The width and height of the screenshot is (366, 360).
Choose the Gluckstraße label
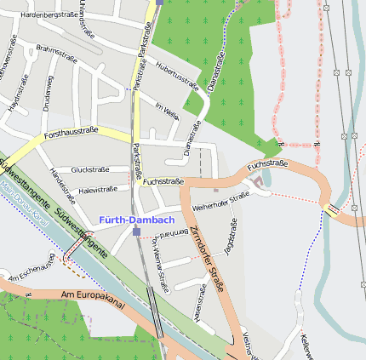pyautogui.click(x=90, y=169)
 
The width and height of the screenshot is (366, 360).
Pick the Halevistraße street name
pyautogui.click(x=97, y=190)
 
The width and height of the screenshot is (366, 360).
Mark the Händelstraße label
pyautogui.click(x=58, y=182)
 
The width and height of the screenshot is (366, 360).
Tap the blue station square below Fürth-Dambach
pyautogui.click(x=135, y=231)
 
